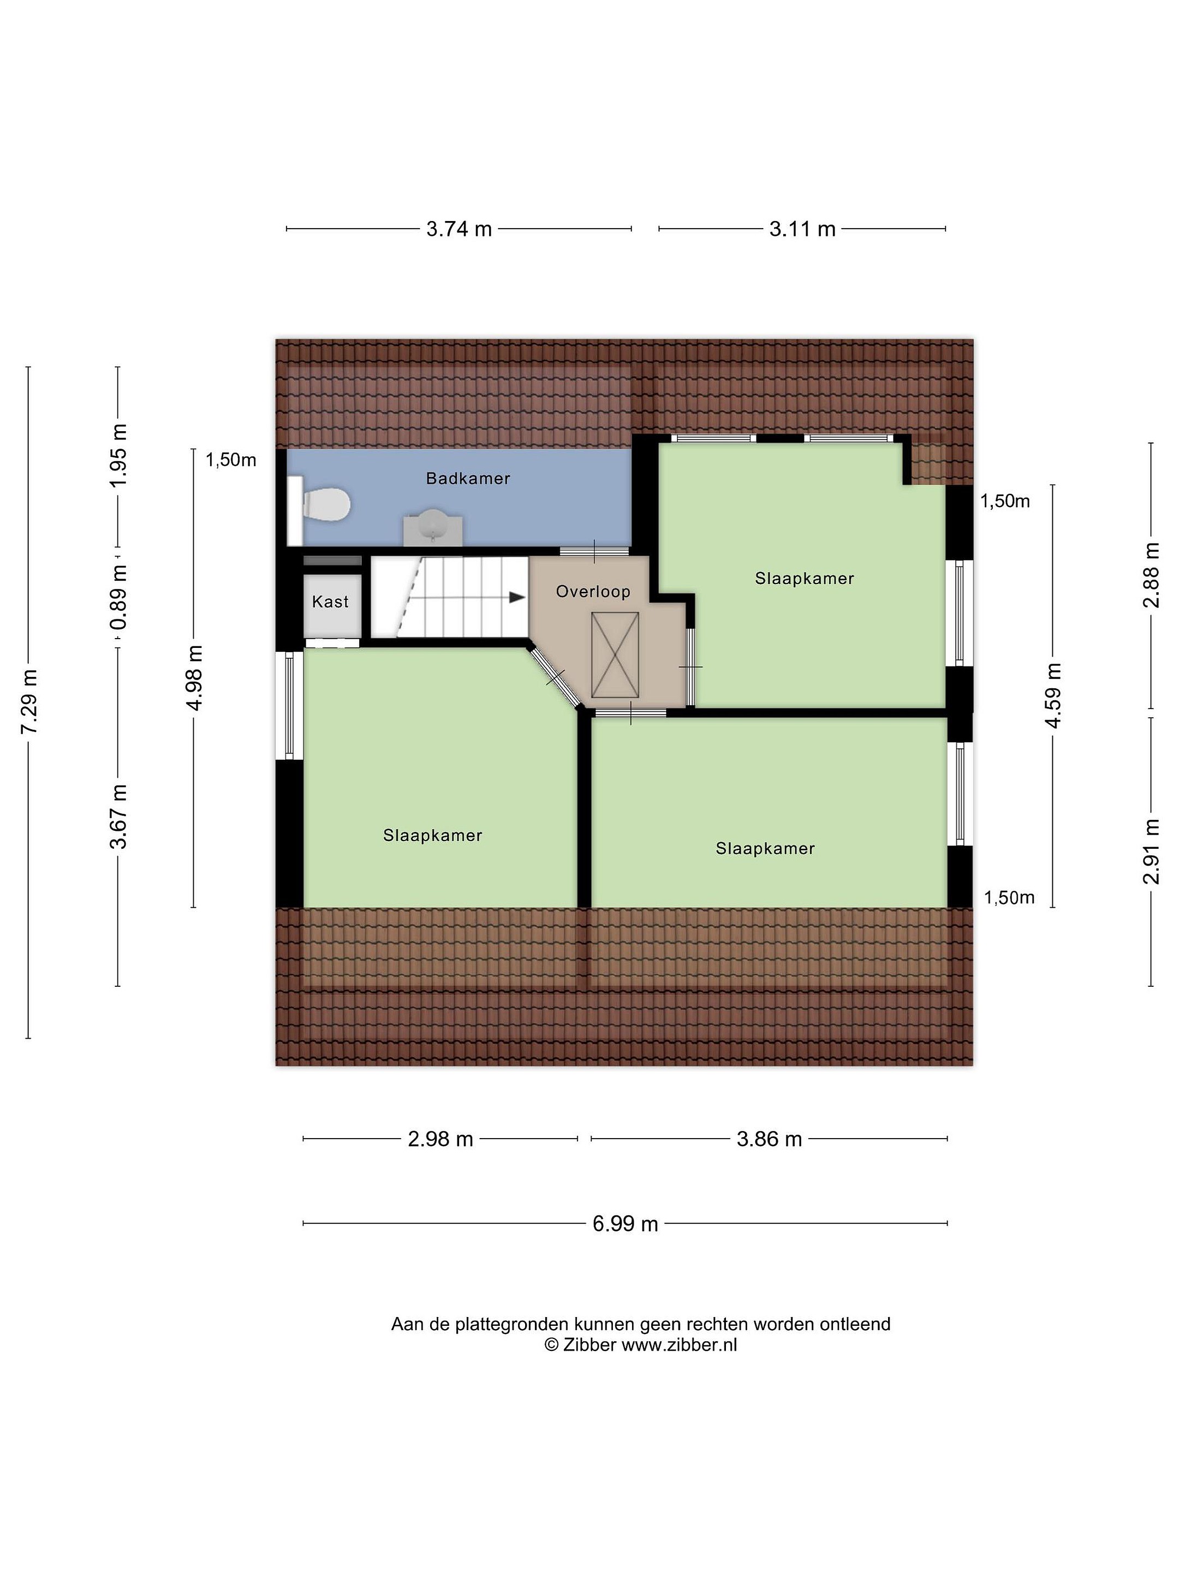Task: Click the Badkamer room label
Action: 468,478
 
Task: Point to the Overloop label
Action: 593,591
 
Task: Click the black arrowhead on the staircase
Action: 517,598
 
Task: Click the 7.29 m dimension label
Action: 28,702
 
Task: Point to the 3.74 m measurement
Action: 459,229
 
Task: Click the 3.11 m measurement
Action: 802,229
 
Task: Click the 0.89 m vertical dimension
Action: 118,597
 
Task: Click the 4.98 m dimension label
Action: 193,678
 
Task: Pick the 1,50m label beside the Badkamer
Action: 231,460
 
